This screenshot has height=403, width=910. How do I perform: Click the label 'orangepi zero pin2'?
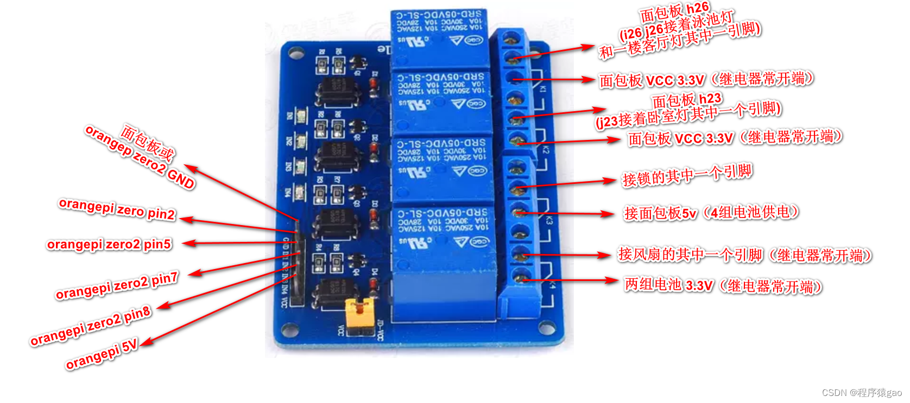(x=117, y=209)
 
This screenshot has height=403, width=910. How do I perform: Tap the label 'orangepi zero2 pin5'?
(x=109, y=245)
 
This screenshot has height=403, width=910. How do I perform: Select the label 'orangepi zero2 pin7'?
(x=117, y=286)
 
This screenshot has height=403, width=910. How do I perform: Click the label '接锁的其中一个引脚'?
(x=687, y=175)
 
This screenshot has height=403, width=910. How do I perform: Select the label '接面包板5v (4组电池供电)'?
(x=711, y=213)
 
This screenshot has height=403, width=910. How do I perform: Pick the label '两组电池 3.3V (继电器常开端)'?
(x=723, y=285)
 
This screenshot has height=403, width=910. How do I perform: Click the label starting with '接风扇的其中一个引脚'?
(x=744, y=255)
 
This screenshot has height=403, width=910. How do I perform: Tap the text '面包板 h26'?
(x=674, y=11)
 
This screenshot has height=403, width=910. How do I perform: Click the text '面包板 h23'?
(x=687, y=100)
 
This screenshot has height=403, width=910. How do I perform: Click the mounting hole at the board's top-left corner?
(x=295, y=53)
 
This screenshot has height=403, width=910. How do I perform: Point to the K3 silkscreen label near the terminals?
(x=549, y=221)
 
